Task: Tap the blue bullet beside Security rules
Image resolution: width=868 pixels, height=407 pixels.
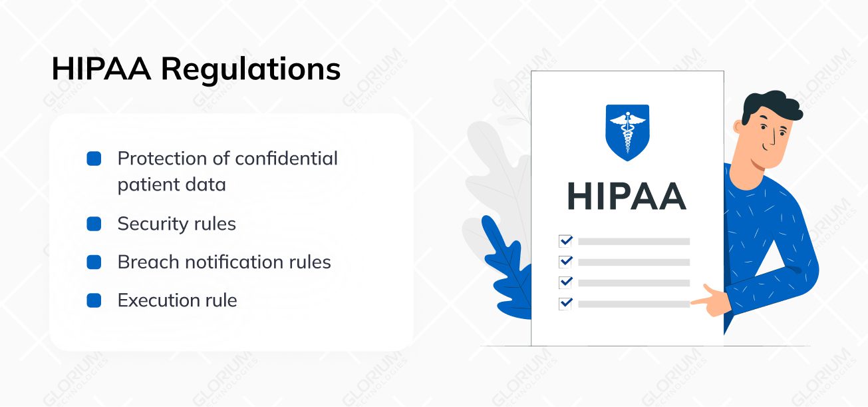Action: [94, 224]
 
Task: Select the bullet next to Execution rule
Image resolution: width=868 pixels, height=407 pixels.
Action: [94, 300]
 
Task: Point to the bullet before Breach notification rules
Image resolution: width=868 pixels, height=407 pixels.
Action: [94, 262]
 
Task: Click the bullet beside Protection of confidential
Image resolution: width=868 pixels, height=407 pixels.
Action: [94, 159]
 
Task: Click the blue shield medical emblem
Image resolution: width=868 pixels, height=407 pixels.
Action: [627, 131]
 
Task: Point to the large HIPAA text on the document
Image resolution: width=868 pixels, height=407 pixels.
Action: [627, 197]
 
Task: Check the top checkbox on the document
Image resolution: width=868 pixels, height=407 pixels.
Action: [565, 240]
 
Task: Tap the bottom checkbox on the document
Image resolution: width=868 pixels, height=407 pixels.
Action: [565, 303]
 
